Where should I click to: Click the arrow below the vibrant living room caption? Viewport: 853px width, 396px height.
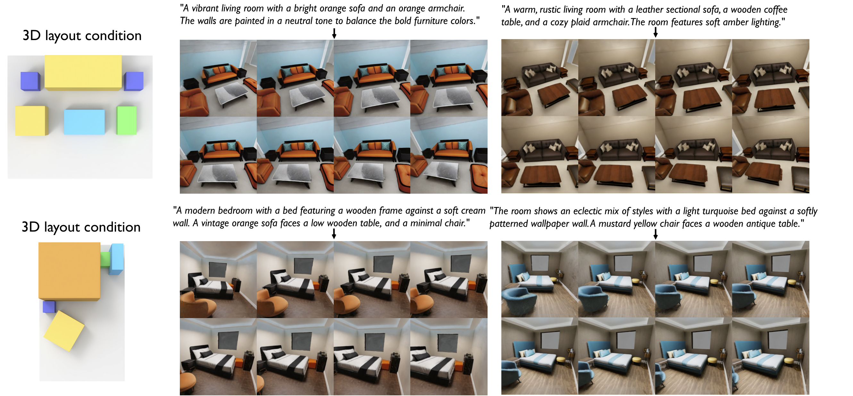(x=334, y=33)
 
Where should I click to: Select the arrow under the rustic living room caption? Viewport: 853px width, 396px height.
(x=655, y=32)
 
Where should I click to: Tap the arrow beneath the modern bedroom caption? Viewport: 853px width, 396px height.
(x=334, y=234)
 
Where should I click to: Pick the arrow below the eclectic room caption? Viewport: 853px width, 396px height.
(x=655, y=234)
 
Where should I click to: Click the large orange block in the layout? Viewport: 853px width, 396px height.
(x=69, y=271)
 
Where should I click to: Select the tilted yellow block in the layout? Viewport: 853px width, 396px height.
(x=64, y=331)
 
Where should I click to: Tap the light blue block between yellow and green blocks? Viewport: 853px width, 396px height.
(x=84, y=122)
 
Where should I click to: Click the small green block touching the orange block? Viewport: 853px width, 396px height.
(x=105, y=260)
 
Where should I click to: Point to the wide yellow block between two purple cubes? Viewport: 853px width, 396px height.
(x=83, y=72)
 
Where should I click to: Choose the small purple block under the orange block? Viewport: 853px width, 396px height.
(x=49, y=307)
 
